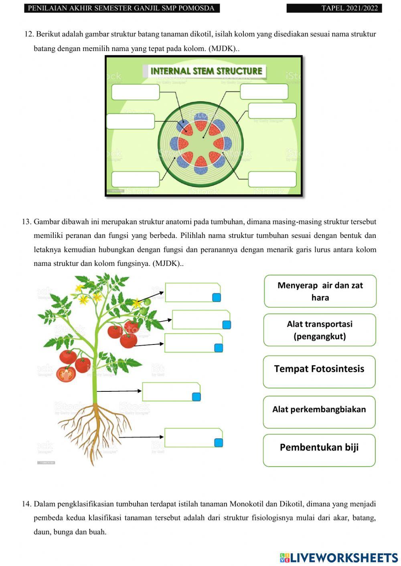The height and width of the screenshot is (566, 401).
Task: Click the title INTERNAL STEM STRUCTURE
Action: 206,71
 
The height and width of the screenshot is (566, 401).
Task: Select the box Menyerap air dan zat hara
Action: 320,291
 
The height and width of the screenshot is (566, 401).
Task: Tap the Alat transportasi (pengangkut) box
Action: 320,330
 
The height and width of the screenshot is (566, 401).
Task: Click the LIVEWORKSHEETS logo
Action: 339,558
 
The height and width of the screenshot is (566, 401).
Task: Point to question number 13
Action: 26,222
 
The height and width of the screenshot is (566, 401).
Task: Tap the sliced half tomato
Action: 66,375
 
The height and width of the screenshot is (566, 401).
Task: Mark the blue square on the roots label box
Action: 218,443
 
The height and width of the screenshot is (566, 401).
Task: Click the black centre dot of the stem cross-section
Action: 204,137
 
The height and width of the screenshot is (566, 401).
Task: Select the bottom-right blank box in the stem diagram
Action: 272,179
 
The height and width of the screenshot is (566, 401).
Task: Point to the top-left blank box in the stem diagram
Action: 136,92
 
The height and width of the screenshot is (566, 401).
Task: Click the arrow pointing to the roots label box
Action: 141,437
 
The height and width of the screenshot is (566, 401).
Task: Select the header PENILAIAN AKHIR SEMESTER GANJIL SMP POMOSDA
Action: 122,8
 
